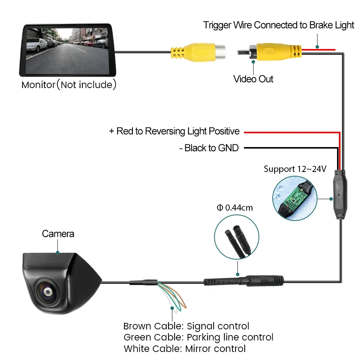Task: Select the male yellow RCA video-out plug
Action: [x=270, y=51]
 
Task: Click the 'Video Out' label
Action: [x=253, y=79]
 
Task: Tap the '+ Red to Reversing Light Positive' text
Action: [x=174, y=131]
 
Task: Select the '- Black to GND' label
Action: [x=209, y=148]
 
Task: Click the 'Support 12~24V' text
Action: [x=295, y=169]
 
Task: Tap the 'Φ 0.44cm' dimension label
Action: [x=235, y=208]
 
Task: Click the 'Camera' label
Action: [x=58, y=234]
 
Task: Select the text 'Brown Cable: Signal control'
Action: [x=186, y=326]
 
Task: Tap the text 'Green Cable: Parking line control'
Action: [x=198, y=337]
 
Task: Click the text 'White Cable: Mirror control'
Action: [x=185, y=349]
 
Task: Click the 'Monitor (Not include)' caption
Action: [x=69, y=85]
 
